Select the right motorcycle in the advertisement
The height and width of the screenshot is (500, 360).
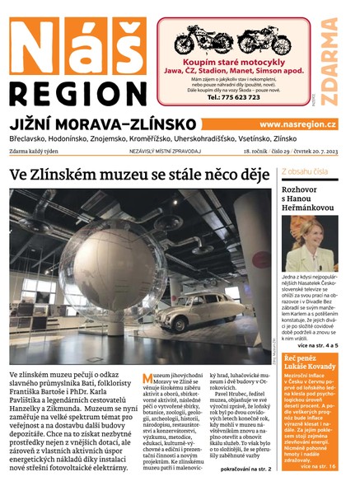tap(264, 41)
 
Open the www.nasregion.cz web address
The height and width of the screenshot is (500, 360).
tap(297, 124)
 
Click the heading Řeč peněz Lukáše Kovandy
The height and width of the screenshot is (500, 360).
tap(308, 364)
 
